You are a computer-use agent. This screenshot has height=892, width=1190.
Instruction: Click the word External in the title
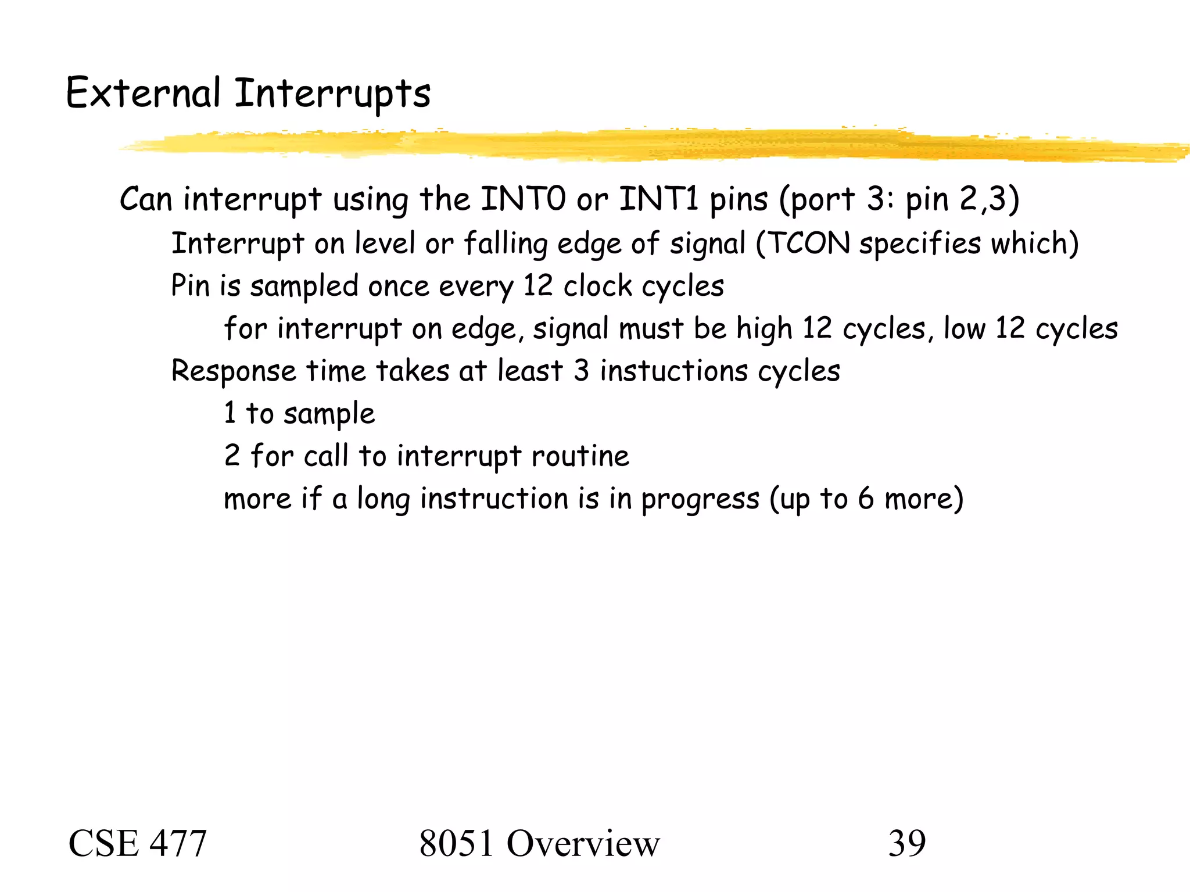click(143, 93)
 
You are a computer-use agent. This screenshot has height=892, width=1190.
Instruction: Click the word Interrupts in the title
click(332, 94)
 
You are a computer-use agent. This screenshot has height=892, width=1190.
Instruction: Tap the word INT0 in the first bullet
click(523, 199)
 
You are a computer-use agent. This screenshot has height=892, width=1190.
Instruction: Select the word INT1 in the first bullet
click(659, 199)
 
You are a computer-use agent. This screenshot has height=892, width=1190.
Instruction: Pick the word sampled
click(304, 286)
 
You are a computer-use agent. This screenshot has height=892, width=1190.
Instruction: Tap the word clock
click(598, 286)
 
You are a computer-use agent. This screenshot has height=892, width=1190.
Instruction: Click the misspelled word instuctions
click(673, 371)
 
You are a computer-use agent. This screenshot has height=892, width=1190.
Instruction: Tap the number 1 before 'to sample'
click(230, 413)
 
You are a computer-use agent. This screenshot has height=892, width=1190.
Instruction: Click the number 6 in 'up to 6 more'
click(866, 499)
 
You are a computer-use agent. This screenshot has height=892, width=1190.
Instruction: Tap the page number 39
click(906, 844)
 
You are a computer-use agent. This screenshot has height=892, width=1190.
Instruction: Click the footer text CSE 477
click(138, 844)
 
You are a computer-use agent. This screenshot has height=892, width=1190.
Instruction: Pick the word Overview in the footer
click(583, 844)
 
